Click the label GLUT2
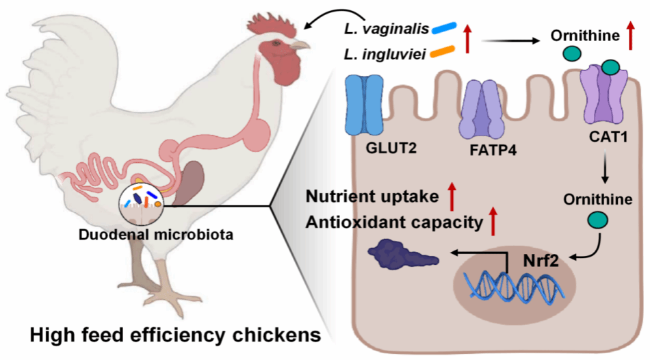pyautogui.click(x=391, y=148)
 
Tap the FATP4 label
pyautogui.click(x=493, y=150)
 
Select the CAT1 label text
pyautogui.click(x=608, y=136)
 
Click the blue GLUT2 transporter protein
pyautogui.click(x=365, y=105)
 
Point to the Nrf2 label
pyautogui.click(x=541, y=261)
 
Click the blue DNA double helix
pyautogui.click(x=517, y=287)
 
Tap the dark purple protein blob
pyautogui.click(x=402, y=253)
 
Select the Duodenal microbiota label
pyautogui.click(x=156, y=235)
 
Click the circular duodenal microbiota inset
pyautogui.click(x=142, y=203)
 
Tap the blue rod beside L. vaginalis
pyautogui.click(x=444, y=28)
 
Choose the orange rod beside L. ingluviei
pyautogui.click(x=442, y=52)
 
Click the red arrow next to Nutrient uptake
pyautogui.click(x=452, y=196)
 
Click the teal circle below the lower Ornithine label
pyautogui.click(x=598, y=220)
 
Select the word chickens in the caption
pyautogui.click(x=276, y=335)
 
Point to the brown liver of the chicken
pyautogui.click(x=189, y=183)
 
